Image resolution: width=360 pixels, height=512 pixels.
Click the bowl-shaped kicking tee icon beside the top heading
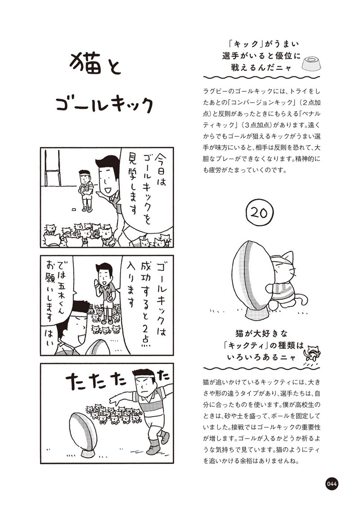click(x=310, y=63)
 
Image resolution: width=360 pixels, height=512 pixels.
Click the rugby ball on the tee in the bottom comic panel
click(x=84, y=431)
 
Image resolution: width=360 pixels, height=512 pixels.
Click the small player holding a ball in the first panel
click(x=85, y=190)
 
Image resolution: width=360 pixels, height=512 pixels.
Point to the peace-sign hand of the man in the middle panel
click(x=110, y=297)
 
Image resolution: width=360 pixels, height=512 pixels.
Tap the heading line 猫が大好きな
click(x=261, y=333)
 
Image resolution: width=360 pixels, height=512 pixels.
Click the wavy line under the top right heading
click(x=261, y=78)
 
